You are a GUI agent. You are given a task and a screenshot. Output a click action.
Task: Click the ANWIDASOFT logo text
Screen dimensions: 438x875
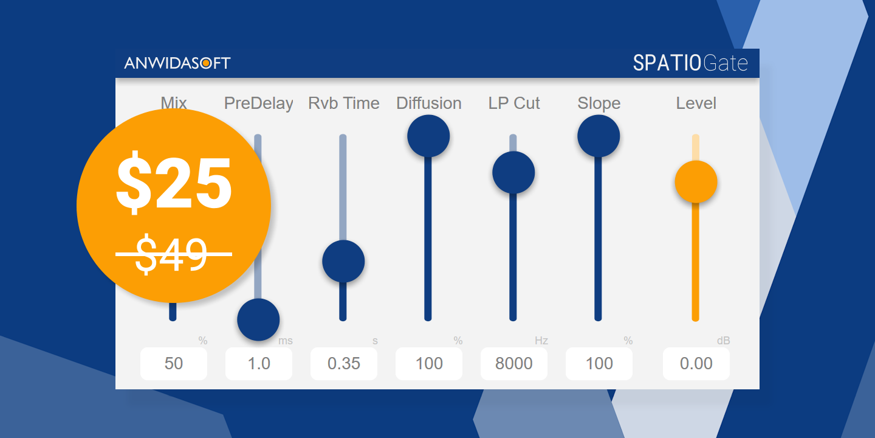pyautogui.click(x=177, y=63)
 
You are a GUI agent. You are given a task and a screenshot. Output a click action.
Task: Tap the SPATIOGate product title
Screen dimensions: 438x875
pyautogui.click(x=690, y=63)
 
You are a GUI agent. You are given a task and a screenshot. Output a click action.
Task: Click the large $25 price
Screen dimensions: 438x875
pyautogui.click(x=174, y=182)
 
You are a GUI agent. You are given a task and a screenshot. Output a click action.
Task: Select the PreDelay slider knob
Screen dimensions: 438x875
pyautogui.click(x=258, y=319)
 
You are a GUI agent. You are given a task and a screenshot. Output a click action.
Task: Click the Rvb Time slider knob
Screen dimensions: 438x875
pyautogui.click(x=343, y=262)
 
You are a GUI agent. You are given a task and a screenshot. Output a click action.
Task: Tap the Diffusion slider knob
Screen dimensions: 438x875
pyautogui.click(x=428, y=136)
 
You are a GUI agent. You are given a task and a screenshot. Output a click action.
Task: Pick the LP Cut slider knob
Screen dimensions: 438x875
pyautogui.click(x=513, y=172)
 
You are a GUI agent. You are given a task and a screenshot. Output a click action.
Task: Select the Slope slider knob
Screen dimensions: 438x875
pyautogui.click(x=599, y=136)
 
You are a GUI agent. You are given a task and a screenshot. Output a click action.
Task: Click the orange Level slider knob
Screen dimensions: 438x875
pyautogui.click(x=696, y=182)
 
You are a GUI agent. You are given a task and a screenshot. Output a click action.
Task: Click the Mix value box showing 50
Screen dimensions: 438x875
pyautogui.click(x=174, y=364)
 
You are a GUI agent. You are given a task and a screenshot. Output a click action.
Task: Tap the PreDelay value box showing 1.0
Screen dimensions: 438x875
pyautogui.click(x=259, y=364)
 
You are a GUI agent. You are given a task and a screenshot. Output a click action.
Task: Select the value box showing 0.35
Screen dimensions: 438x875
pyautogui.click(x=344, y=364)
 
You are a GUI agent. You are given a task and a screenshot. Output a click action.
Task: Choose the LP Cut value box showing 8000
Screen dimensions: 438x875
pyautogui.click(x=514, y=364)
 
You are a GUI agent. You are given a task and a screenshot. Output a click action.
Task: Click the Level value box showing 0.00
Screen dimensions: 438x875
pyautogui.click(x=696, y=364)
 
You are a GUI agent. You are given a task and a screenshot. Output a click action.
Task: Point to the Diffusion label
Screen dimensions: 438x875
pyautogui.click(x=429, y=103)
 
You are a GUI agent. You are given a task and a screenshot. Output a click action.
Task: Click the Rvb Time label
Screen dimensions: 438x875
pyautogui.click(x=344, y=103)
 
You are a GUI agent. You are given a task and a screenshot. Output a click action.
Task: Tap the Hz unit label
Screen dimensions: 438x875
pyautogui.click(x=541, y=341)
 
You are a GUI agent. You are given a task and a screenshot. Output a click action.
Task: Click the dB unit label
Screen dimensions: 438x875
pyautogui.click(x=723, y=341)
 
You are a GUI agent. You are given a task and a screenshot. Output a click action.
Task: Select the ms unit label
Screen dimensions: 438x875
pyautogui.click(x=285, y=341)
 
